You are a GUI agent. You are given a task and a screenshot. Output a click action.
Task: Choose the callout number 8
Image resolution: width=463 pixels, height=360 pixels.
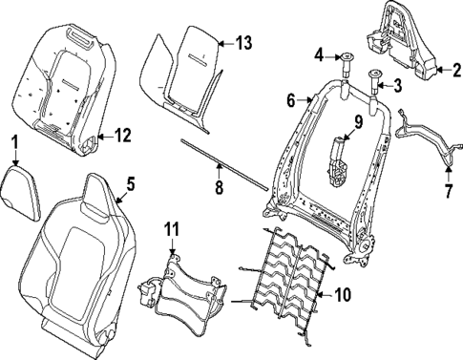218,188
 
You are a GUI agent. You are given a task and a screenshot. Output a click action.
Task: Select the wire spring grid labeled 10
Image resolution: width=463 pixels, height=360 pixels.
286,277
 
